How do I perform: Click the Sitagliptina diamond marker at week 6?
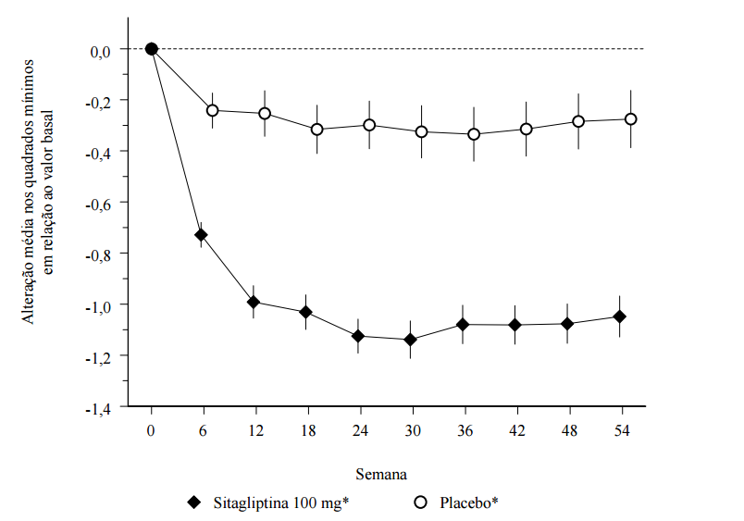[x=201, y=235]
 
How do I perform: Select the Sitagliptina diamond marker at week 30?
[x=410, y=340]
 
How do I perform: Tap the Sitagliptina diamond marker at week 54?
[x=620, y=316]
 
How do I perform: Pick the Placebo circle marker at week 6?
[x=213, y=110]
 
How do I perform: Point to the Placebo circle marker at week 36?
[x=474, y=134]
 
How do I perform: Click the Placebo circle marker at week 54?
[x=631, y=118]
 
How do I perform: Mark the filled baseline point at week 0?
[x=152, y=49]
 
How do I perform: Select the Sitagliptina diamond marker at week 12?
[x=253, y=302]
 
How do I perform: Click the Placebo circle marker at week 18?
[x=316, y=129]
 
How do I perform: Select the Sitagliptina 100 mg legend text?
[x=277, y=502]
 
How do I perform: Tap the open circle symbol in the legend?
[x=421, y=502]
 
